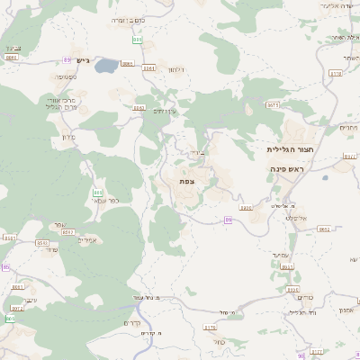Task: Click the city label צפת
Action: [x=186, y=182]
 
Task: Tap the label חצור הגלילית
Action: [x=289, y=149]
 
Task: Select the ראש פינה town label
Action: [x=288, y=169]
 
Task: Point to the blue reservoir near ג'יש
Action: [x=107, y=65]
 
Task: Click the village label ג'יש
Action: [x=82, y=60]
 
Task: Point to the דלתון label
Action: [x=176, y=69]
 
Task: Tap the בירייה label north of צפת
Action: [x=197, y=153]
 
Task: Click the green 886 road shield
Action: [x=137, y=40]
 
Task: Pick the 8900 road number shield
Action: [x=246, y=207]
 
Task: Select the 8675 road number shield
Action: [x=273, y=104]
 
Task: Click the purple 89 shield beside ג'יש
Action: [x=67, y=59]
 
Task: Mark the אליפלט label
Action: [x=298, y=217]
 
